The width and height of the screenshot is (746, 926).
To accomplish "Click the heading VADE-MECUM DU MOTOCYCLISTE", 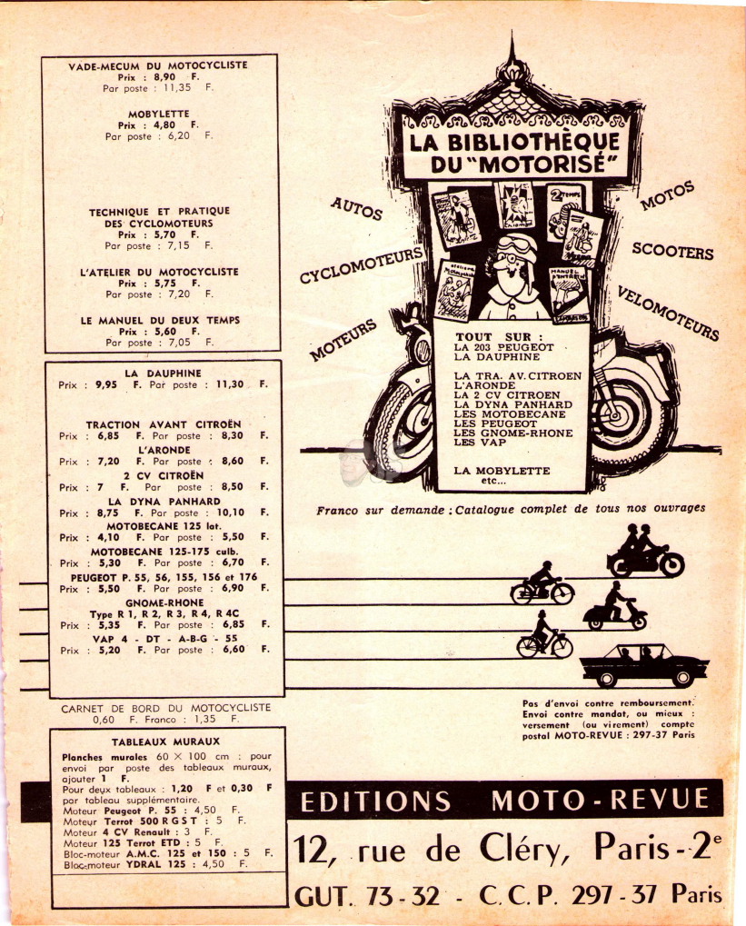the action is point(158,65).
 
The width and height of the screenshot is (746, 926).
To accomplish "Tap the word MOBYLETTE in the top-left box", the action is point(159,114).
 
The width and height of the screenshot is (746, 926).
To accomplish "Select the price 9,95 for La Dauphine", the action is point(106,384).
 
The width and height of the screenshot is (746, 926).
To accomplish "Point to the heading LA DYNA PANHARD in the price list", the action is point(164,502).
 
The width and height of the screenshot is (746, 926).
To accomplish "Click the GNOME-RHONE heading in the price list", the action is point(164,603).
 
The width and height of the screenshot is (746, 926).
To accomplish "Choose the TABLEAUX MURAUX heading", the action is point(165,742).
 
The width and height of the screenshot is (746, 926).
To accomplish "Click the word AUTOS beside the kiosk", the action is point(356,208).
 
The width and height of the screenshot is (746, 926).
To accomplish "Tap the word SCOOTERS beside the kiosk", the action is point(672,251).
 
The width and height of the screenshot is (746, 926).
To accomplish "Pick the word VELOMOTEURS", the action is point(668,313).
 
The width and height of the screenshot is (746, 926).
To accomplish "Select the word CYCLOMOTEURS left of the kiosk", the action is point(362,264).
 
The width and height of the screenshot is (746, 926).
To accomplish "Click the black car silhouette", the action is point(644,665).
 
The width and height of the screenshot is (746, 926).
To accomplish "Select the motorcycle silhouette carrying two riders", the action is point(645,551).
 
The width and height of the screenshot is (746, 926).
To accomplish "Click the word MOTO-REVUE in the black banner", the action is point(600,800).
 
